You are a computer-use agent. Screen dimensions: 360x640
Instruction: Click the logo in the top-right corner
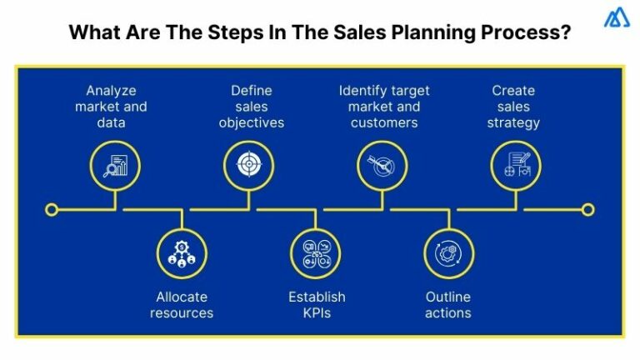click(616, 17)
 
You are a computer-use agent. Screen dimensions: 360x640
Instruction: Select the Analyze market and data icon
click(115, 163)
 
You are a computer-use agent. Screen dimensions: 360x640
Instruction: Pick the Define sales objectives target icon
click(248, 163)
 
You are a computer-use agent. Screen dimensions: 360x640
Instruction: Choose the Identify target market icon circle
click(382, 163)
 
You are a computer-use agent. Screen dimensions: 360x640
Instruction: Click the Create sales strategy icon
click(515, 163)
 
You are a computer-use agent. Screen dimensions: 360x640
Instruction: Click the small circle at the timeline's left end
click(52, 209)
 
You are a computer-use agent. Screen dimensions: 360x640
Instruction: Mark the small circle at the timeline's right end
click(587, 209)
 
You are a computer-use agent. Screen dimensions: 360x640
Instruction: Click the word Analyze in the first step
click(111, 90)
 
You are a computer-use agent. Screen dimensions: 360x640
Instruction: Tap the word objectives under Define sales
click(252, 122)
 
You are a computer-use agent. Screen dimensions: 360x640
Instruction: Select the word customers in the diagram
click(384, 122)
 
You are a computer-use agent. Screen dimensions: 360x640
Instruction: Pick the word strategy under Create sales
click(514, 122)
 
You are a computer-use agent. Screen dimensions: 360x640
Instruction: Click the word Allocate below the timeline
click(182, 297)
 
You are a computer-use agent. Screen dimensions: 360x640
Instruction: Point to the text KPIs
click(317, 312)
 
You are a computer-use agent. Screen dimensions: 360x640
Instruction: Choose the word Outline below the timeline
click(448, 297)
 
